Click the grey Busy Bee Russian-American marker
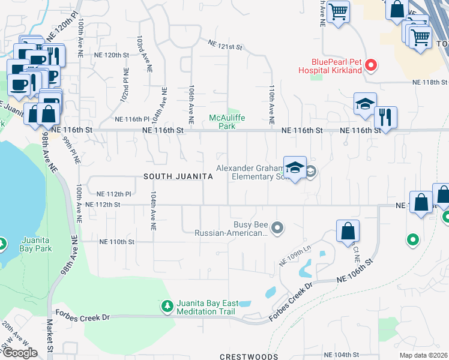[x=277, y=227]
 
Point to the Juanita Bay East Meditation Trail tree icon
[x=167, y=307]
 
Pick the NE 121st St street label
[x=224, y=45]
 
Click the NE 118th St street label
[x=429, y=82]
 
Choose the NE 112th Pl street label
[x=113, y=194]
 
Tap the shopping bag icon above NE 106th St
[x=348, y=231]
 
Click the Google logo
[x=20, y=353]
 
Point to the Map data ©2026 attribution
[x=424, y=355]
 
